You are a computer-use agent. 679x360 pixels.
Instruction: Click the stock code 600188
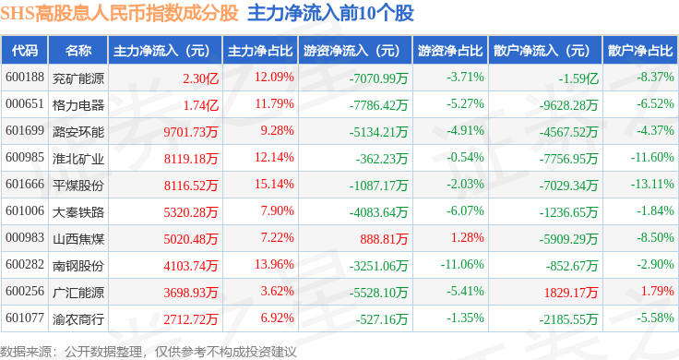click(25, 78)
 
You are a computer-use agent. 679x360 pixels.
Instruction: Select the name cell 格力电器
click(78, 105)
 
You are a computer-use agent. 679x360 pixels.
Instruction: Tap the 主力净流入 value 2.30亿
click(200, 78)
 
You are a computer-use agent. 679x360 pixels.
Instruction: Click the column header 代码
click(25, 51)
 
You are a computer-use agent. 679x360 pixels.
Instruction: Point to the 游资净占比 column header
click(450, 51)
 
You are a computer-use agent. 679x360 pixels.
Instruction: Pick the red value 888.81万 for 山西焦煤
click(384, 239)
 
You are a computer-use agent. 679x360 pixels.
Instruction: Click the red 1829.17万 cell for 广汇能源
click(571, 293)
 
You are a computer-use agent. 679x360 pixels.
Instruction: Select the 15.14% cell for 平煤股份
click(274, 184)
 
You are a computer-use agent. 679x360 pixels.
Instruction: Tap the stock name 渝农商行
click(78, 319)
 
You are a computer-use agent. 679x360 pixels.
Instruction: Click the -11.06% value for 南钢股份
click(462, 264)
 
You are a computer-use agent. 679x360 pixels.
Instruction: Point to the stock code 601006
click(25, 211)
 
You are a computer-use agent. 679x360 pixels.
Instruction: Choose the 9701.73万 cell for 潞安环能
click(191, 132)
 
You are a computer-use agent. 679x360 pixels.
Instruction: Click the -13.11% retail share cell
click(652, 184)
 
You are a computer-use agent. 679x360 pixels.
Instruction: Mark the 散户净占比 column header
click(640, 51)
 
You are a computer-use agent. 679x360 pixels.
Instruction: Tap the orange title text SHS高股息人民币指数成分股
click(119, 14)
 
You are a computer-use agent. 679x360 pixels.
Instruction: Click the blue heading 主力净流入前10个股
click(330, 14)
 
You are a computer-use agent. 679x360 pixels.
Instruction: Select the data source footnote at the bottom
click(149, 352)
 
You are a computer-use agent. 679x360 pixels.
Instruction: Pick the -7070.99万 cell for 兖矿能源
click(379, 78)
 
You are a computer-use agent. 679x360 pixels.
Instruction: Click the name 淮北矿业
click(78, 159)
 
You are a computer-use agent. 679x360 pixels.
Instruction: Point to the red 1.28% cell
click(467, 237)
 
